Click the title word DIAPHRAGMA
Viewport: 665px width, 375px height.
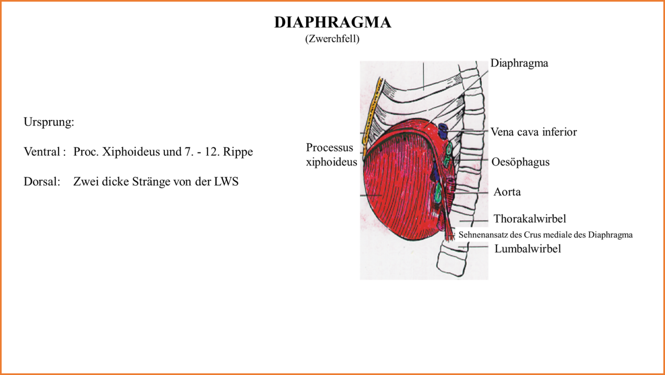(x=332, y=23)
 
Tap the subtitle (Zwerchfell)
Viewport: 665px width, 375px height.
(x=332, y=39)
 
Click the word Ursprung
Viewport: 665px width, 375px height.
(x=48, y=122)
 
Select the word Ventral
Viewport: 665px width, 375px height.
(x=42, y=152)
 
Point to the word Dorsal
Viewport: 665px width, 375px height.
(x=42, y=182)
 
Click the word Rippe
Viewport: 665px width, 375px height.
(x=238, y=152)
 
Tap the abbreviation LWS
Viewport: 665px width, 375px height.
(x=226, y=182)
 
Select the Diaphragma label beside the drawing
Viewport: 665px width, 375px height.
(x=519, y=63)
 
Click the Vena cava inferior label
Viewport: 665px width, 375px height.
(x=533, y=132)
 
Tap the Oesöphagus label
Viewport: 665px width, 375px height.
(x=520, y=162)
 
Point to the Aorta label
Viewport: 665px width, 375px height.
(x=507, y=192)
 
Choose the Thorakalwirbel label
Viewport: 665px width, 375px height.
(x=529, y=219)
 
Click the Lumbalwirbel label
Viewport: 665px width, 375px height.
(x=527, y=249)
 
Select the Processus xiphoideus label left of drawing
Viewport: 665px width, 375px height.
(x=331, y=155)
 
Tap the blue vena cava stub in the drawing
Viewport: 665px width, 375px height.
(x=442, y=130)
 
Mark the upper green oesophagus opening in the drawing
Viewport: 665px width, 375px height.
(x=449, y=150)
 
